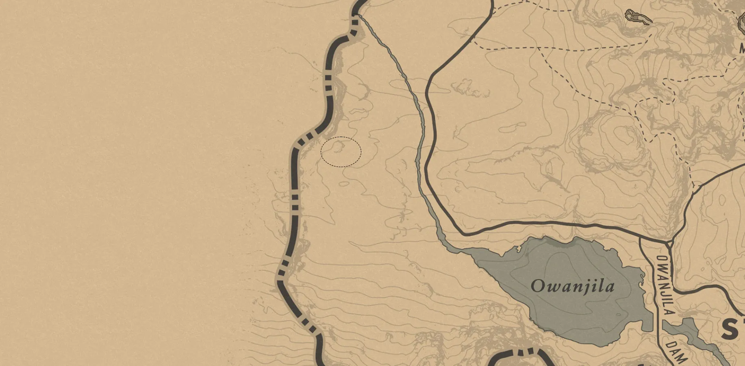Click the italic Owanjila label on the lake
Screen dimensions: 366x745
pos(572,286)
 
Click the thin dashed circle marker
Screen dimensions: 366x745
pos(341,152)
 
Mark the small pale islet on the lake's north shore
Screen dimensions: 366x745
pos(519,248)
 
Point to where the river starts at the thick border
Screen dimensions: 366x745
pos(356,16)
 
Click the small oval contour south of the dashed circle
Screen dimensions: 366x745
pos(344,184)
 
